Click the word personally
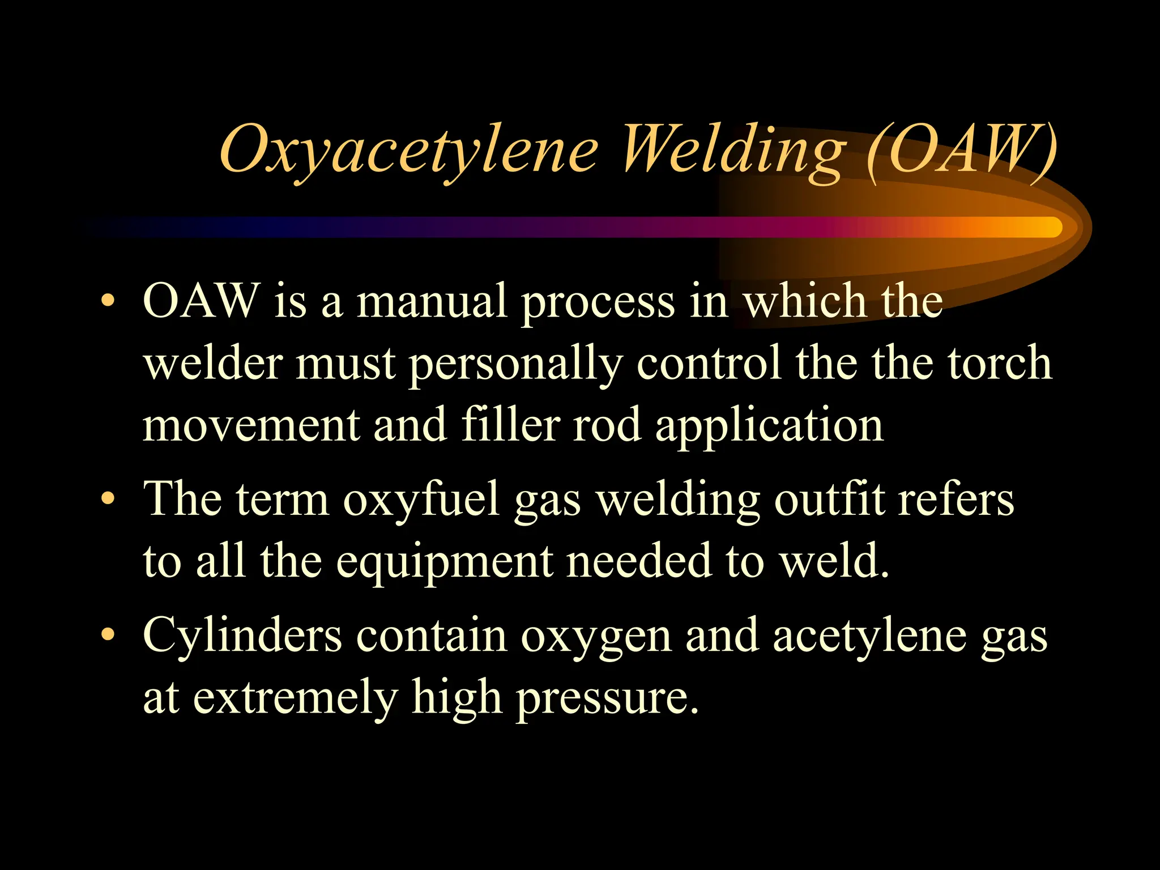[515, 364]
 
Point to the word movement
[251, 426]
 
